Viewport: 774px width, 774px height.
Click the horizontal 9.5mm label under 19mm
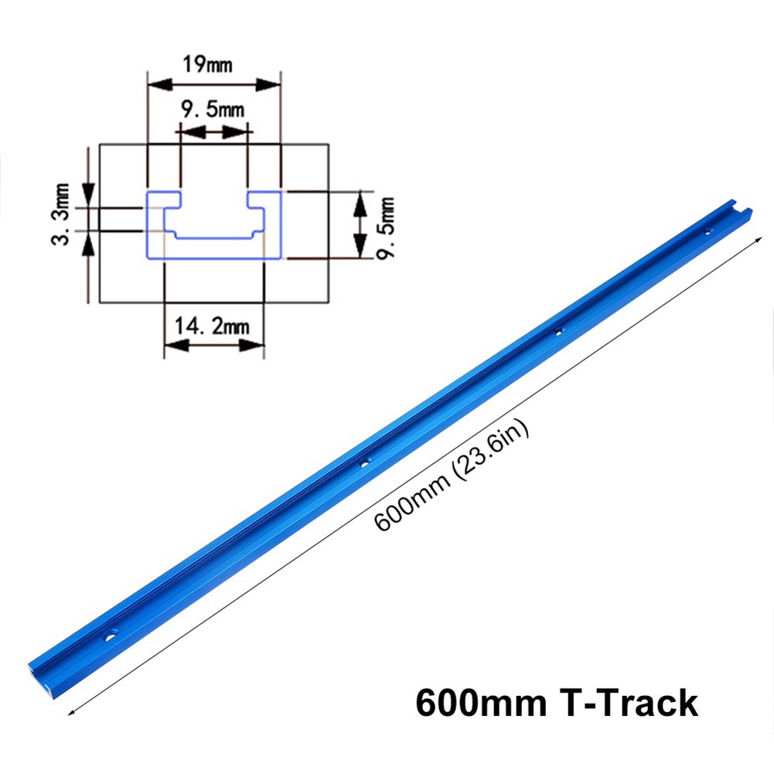212,110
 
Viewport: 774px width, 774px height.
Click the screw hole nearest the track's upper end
708,230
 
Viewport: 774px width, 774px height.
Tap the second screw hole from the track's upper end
560,331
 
